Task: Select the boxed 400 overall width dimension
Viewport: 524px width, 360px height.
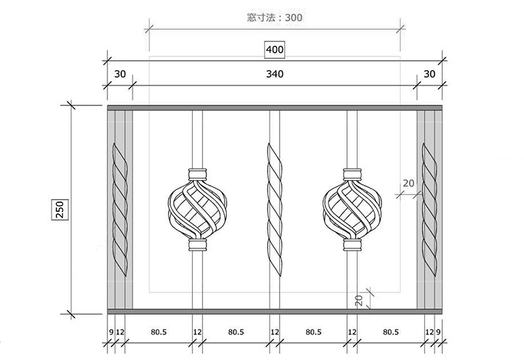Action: tap(274, 49)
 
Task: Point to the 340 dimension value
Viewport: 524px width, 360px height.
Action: tap(274, 75)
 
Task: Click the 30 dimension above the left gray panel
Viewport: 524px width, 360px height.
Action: tap(119, 75)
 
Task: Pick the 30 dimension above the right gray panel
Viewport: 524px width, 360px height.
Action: tap(429, 75)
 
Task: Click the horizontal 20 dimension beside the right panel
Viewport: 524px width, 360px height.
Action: tap(408, 184)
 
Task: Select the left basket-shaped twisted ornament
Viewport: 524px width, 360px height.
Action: tap(196, 210)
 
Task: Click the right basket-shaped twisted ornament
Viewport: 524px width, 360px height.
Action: tap(352, 210)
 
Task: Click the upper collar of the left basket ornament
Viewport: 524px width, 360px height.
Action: tap(196, 174)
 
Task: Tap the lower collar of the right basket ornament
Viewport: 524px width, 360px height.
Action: tap(352, 245)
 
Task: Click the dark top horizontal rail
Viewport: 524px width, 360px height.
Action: tap(274, 107)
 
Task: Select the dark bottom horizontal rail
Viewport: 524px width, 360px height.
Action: tap(274, 311)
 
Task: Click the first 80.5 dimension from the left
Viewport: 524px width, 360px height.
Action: tap(159, 333)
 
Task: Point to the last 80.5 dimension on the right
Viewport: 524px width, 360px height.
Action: tap(390, 333)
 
